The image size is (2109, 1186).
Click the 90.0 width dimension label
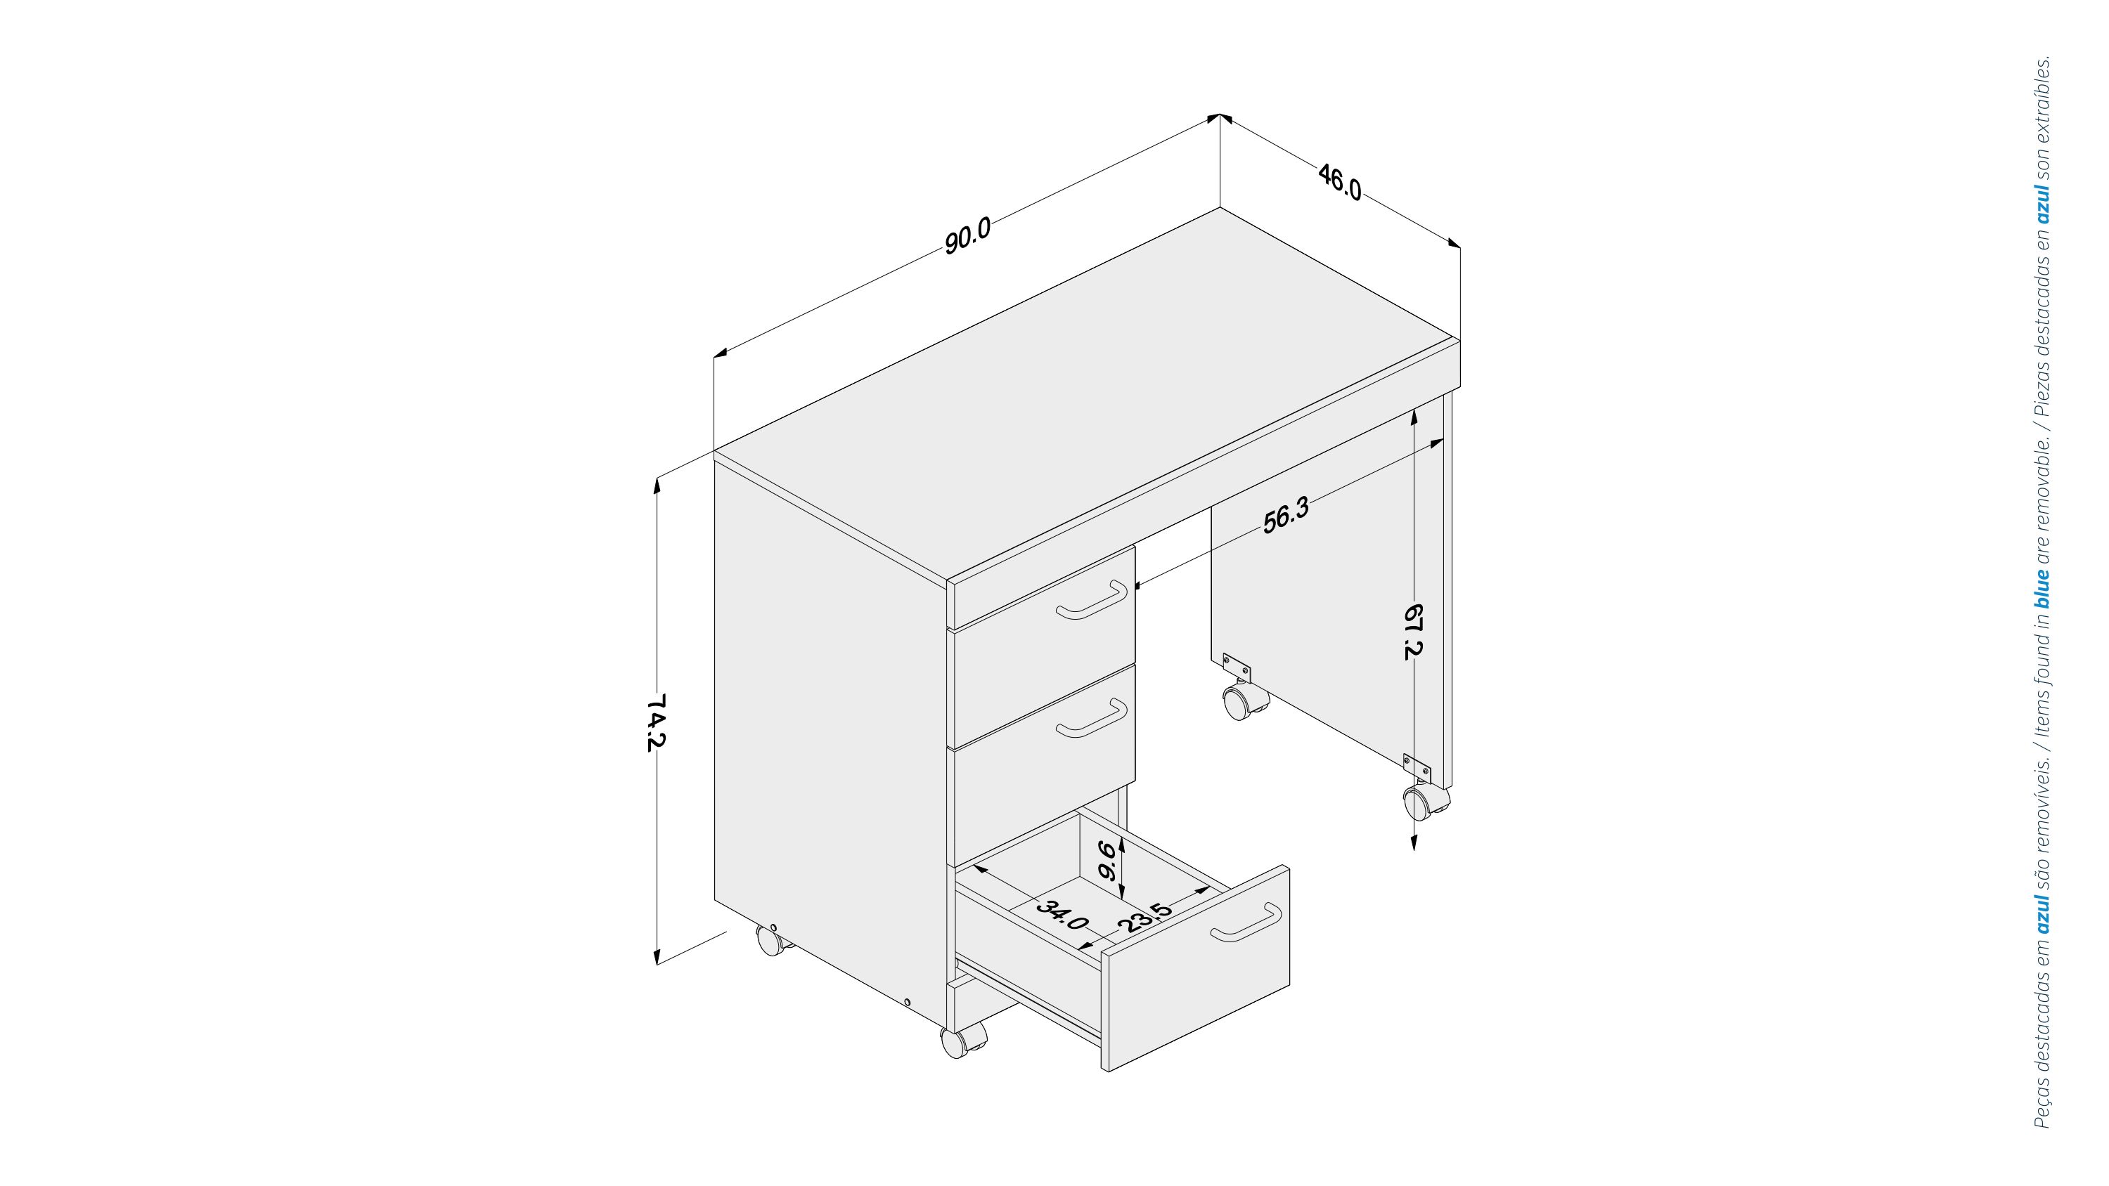click(968, 236)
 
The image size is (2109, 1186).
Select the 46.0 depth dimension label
click(1339, 182)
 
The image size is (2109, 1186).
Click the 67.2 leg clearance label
click(1413, 631)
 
